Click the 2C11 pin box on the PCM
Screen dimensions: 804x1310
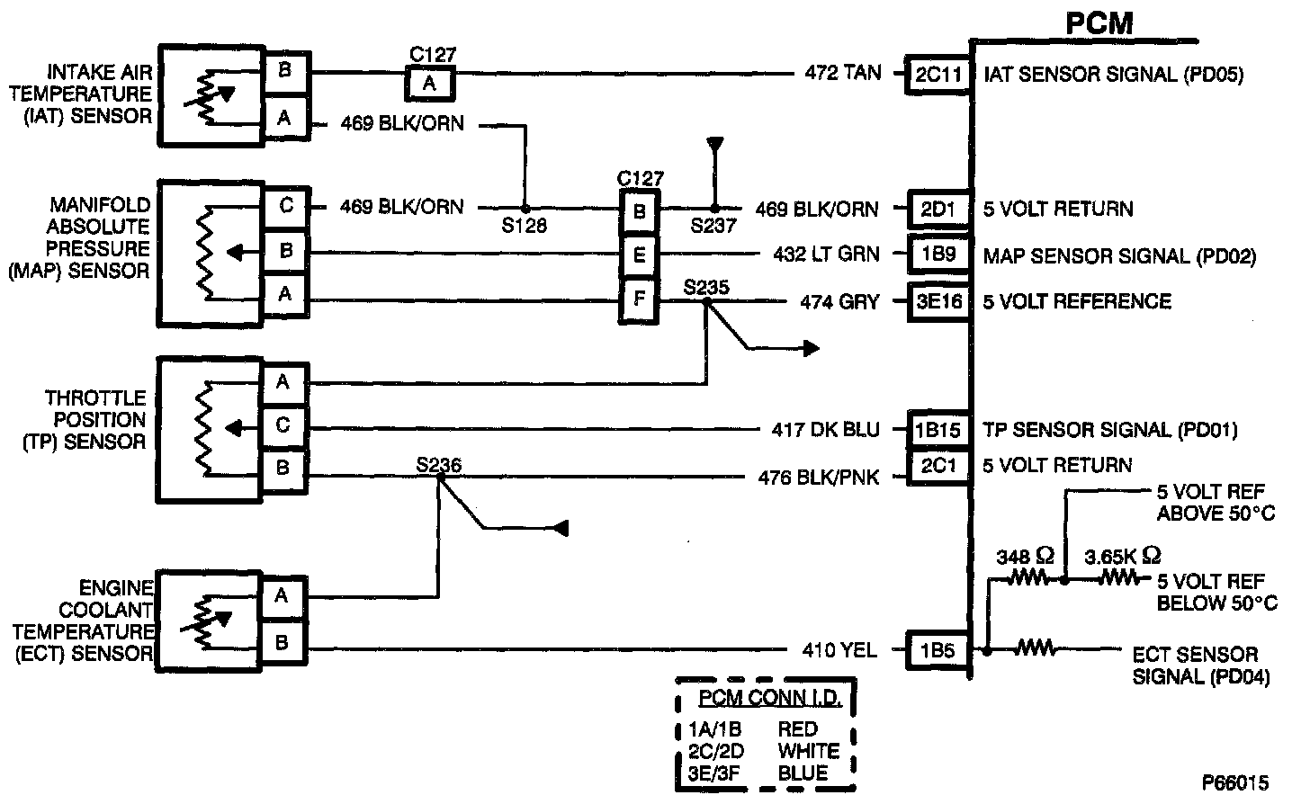938,75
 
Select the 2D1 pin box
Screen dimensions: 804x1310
938,209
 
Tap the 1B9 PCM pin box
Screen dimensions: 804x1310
938,255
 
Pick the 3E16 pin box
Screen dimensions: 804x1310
938,301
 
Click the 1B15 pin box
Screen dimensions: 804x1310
938,431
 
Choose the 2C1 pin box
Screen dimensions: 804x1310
938,467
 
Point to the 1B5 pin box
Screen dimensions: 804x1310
938,650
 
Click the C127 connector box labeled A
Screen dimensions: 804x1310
430,84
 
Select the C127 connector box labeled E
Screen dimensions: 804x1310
639,255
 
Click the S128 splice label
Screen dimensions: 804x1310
525,226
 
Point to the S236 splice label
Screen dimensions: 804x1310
438,465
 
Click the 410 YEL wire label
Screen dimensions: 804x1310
839,649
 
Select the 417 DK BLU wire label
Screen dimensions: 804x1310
826,430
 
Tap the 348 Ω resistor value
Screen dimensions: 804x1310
1025,557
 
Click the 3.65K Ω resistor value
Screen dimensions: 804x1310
1123,557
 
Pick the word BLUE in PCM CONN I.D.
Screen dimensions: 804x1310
803,773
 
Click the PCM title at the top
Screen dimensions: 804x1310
1099,22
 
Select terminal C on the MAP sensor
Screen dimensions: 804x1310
285,207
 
